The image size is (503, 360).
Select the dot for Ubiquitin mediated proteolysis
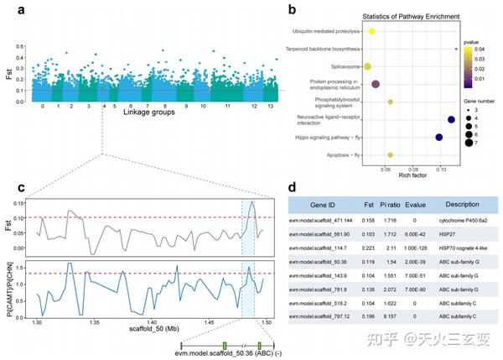[x=371, y=31]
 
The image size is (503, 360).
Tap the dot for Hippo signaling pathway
[x=438, y=137]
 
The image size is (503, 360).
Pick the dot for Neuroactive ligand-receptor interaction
[x=451, y=120]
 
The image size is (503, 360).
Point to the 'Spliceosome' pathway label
[x=344, y=65]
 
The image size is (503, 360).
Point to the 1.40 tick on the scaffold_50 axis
[x=152, y=321]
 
